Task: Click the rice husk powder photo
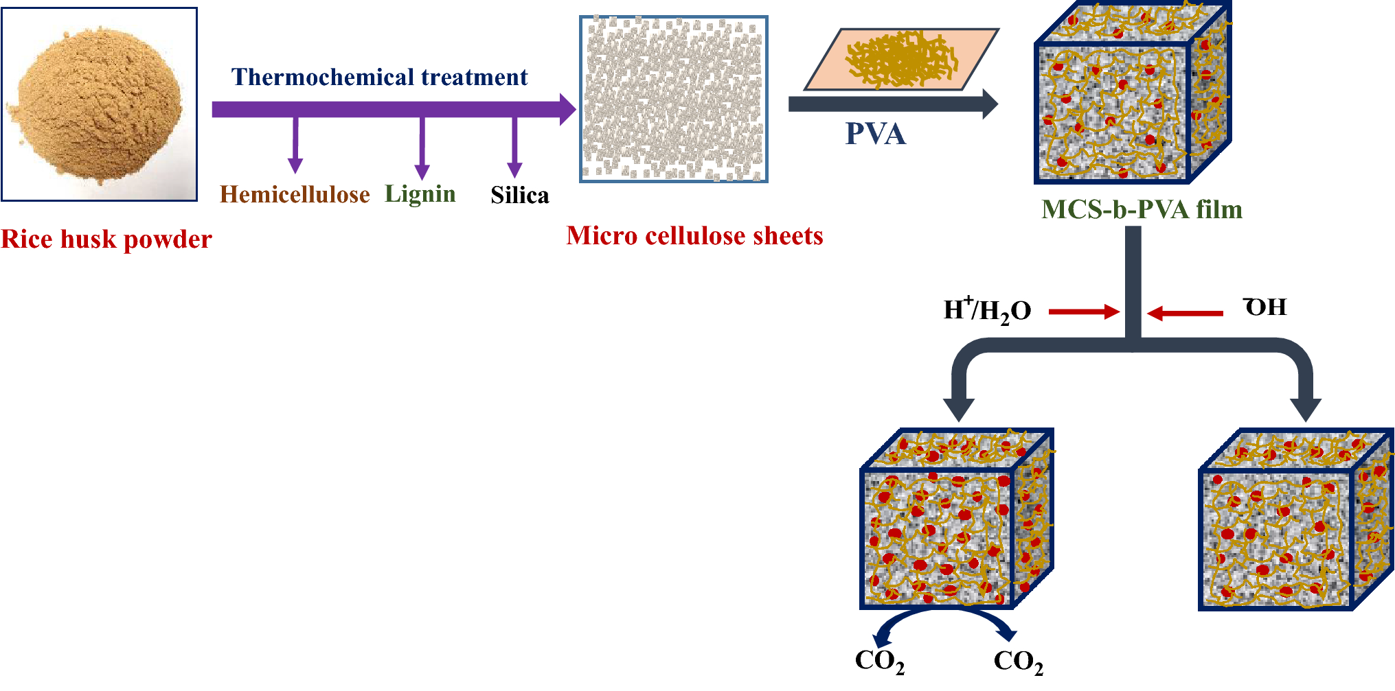tap(100, 104)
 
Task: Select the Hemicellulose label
tap(295, 195)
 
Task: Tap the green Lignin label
tap(420, 194)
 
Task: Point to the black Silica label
tap(519, 196)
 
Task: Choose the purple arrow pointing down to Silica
tap(514, 148)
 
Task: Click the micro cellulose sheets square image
tap(674, 99)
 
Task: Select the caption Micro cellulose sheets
tap(694, 236)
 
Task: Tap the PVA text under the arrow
tap(875, 134)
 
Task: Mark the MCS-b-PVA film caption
tap(1142, 209)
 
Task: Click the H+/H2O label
tap(987, 311)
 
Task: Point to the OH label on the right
tap(1265, 307)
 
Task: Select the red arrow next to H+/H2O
tap(1084, 312)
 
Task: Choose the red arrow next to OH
tap(1185, 314)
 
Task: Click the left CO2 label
tap(879, 661)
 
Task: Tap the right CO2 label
tap(1018, 661)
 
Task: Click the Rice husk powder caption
tap(106, 239)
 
